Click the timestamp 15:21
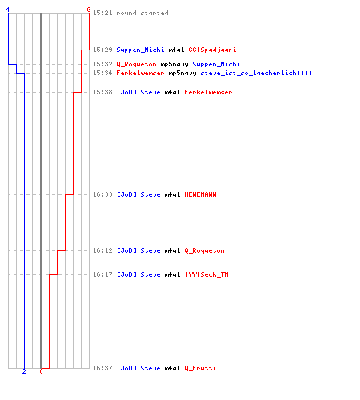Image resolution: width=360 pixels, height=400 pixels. tap(102, 13)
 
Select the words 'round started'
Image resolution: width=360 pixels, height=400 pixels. tap(142, 13)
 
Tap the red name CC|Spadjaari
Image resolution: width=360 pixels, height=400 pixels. tap(212, 50)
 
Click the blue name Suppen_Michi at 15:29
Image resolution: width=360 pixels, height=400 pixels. tap(140, 50)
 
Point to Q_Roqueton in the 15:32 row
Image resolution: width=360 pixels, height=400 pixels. tap(136, 64)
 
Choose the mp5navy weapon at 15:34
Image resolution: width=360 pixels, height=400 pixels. tap(182, 73)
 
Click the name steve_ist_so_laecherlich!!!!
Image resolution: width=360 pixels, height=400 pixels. tap(256, 73)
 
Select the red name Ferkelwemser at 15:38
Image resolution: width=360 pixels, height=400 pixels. tap(208, 92)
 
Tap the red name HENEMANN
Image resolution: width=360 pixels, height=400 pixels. tap(200, 194)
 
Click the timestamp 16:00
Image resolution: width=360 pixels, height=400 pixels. tap(102, 194)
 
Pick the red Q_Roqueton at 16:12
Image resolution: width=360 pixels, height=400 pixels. tap(204, 250)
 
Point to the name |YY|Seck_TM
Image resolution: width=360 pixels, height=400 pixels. tap(207, 274)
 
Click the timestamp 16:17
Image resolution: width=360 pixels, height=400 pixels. tap(102, 274)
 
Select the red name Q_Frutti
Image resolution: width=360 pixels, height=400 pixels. tap(200, 368)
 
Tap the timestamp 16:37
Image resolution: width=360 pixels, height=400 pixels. tap(102, 368)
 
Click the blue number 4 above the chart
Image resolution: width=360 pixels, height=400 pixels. tap(8, 10)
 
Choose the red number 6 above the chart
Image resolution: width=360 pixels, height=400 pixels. tap(89, 10)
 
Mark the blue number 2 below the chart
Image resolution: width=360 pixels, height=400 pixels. tap(24, 371)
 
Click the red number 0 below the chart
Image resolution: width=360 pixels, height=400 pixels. tap(41, 371)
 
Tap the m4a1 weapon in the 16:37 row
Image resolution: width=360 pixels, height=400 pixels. tap(172, 368)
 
